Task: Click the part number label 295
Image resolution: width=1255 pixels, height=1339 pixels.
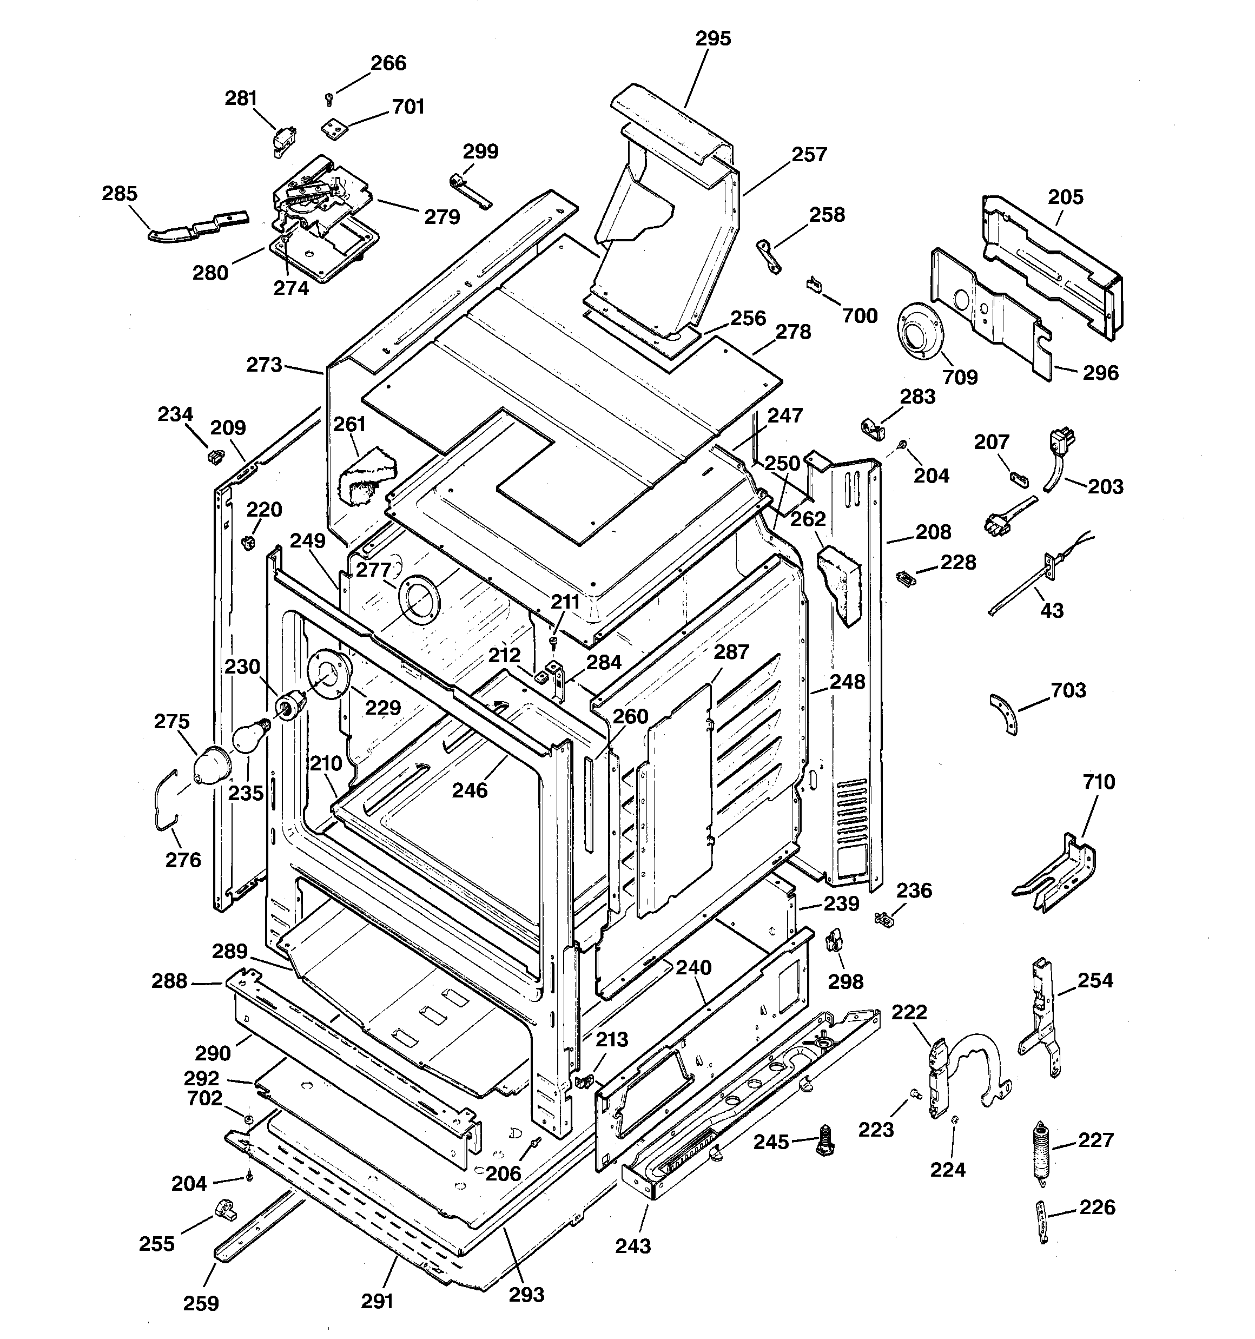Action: click(x=713, y=39)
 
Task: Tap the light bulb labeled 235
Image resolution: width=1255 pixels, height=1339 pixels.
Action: click(x=250, y=736)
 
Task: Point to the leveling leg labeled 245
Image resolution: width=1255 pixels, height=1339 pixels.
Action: click(x=824, y=1141)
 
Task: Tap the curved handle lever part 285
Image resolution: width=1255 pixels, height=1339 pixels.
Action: click(x=195, y=227)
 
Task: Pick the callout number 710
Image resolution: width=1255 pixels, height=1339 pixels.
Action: click(x=1099, y=782)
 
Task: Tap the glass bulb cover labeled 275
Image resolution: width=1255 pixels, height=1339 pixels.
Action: click(x=211, y=766)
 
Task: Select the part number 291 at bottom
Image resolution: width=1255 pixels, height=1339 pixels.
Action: click(x=376, y=1302)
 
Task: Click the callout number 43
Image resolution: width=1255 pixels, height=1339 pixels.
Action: click(x=1052, y=611)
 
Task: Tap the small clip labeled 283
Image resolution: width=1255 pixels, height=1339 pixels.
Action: click(x=873, y=428)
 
